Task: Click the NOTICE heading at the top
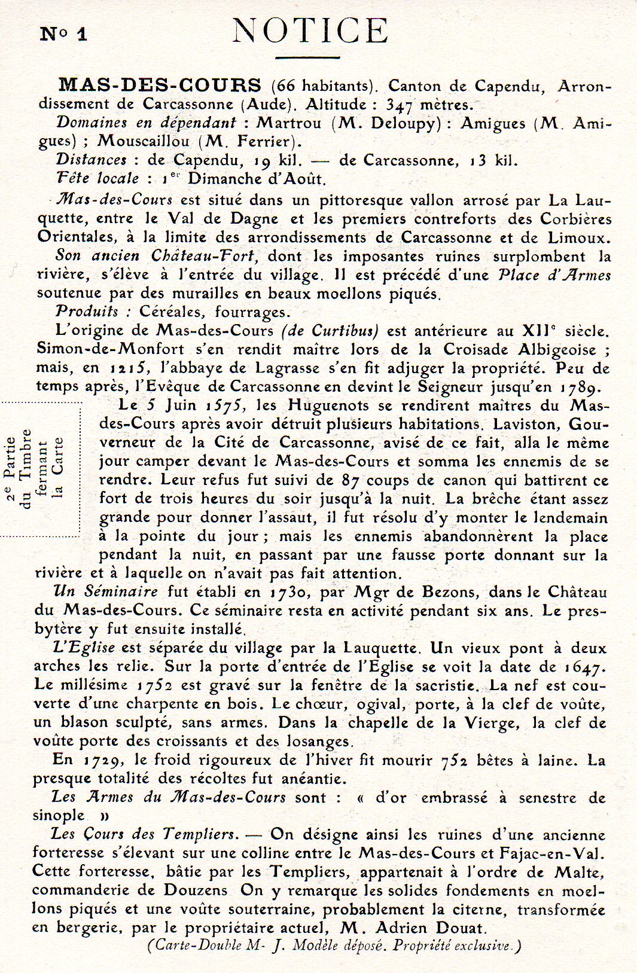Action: tap(310, 30)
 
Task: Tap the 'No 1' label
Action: tap(64, 33)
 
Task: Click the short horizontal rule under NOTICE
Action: tap(310, 58)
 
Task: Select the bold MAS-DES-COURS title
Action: tap(161, 85)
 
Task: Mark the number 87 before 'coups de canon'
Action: tap(350, 480)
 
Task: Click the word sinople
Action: tap(59, 816)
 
